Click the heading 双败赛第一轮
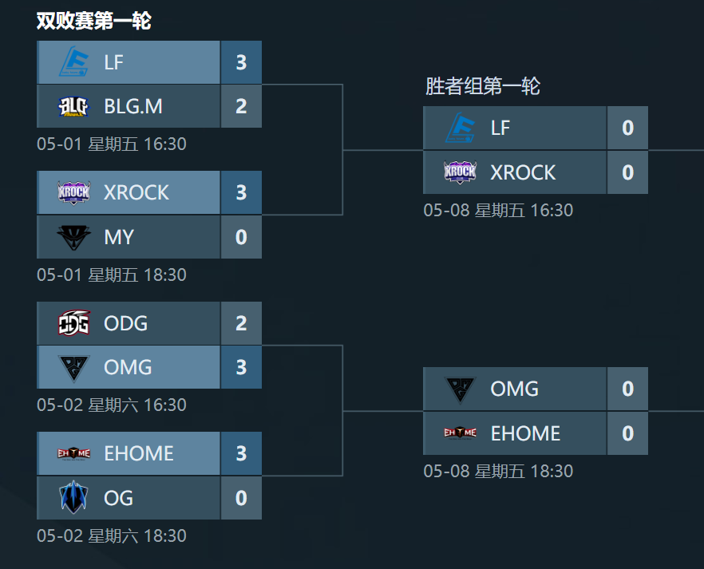[x=93, y=22]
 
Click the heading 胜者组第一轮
[x=482, y=86]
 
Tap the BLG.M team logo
[x=74, y=106]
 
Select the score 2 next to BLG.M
[x=241, y=106]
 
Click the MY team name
[x=119, y=237]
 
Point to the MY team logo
[x=74, y=237]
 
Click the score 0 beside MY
[x=241, y=237]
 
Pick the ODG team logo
[x=74, y=323]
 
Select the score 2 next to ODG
[x=241, y=323]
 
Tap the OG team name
[x=118, y=498]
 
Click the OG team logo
[x=74, y=498]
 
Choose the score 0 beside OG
[x=241, y=498]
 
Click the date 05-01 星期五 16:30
[x=112, y=144]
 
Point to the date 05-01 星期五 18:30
[x=112, y=275]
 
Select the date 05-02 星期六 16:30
[x=112, y=405]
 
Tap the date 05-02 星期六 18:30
[x=112, y=535]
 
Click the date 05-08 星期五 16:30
[x=498, y=211]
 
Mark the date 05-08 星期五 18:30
[x=498, y=471]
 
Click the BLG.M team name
[x=133, y=106]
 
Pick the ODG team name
[x=125, y=323]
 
